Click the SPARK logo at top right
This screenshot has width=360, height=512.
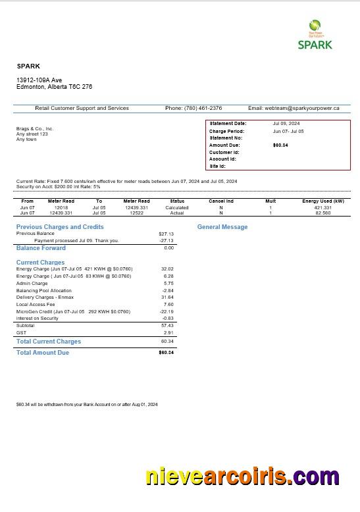pyautogui.click(x=315, y=36)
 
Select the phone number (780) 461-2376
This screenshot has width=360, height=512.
pyautogui.click(x=203, y=108)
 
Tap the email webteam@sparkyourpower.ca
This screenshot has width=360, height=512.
pyautogui.click(x=294, y=108)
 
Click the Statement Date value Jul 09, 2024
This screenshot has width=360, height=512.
pyautogui.click(x=286, y=124)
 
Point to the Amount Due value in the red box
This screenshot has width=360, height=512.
pyautogui.click(x=280, y=145)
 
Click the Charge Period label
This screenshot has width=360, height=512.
pyautogui.click(x=226, y=131)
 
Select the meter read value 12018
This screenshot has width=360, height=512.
pyautogui.click(x=61, y=207)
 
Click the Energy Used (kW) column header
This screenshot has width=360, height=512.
pyautogui.click(x=323, y=201)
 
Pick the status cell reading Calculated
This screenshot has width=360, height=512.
pyautogui.click(x=177, y=207)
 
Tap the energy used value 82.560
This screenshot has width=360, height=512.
pyautogui.click(x=323, y=213)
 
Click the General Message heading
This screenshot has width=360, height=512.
pyautogui.click(x=222, y=227)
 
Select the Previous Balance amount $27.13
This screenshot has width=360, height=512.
pyautogui.click(x=166, y=234)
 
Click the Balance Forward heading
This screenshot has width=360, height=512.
pyautogui.click(x=41, y=248)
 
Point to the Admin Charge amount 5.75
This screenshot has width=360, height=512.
pyautogui.click(x=167, y=283)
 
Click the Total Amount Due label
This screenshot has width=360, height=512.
pyautogui.click(x=42, y=353)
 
